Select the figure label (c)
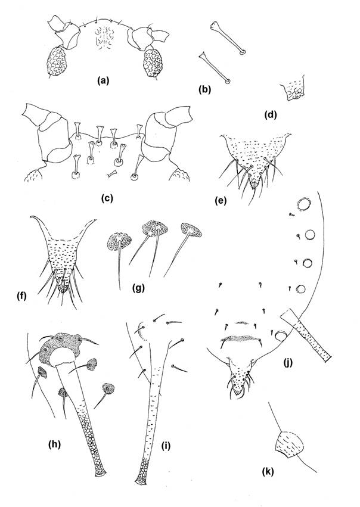coord(105,195)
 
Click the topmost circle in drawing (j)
coord(305,206)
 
